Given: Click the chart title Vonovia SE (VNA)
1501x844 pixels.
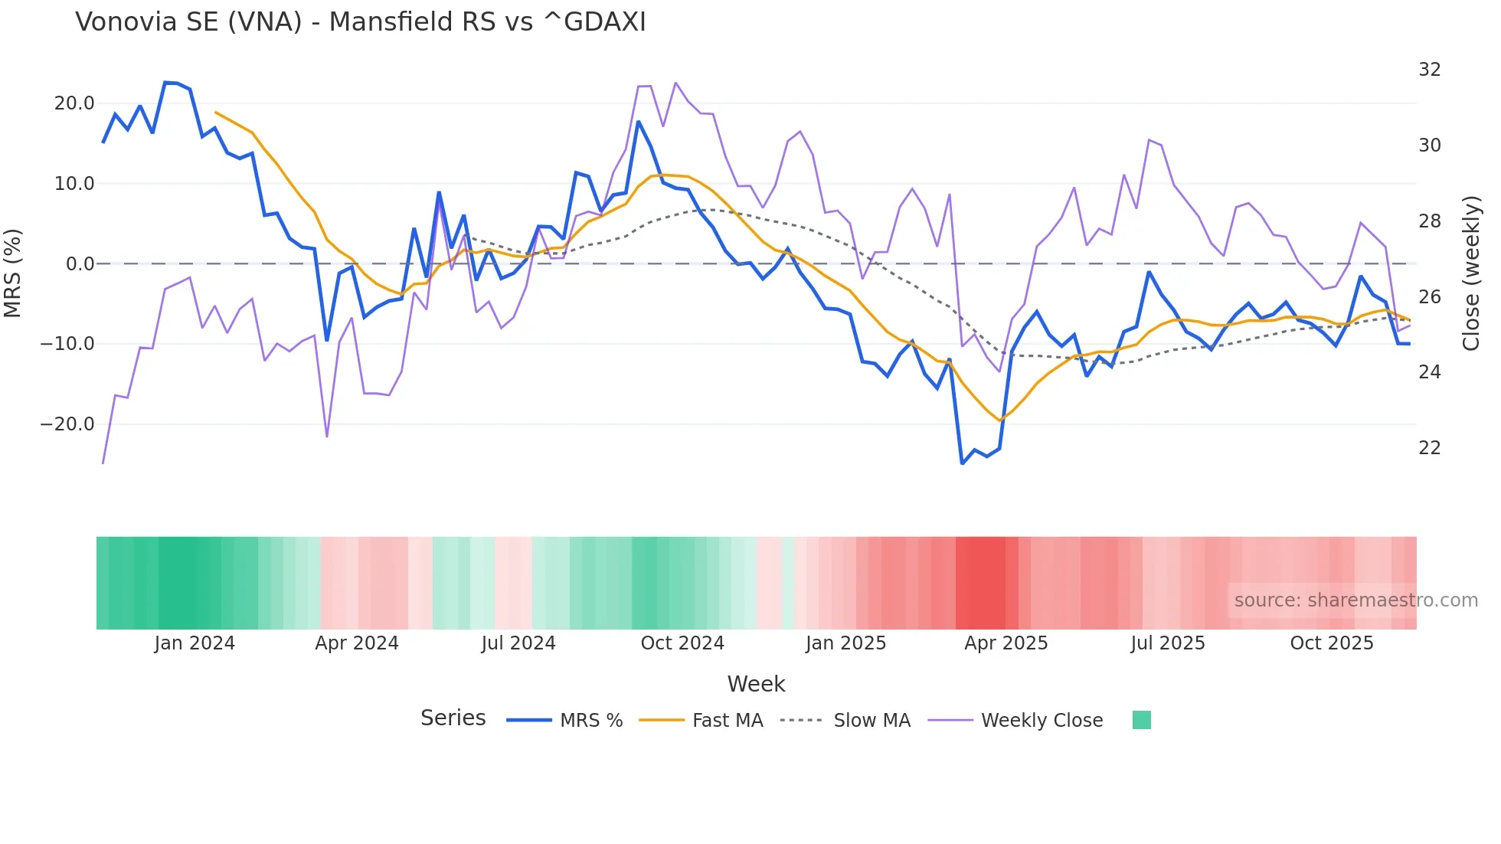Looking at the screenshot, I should coord(360,22).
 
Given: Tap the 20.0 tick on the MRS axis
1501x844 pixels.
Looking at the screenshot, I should coord(74,103).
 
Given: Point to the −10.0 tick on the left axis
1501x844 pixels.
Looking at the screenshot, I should coord(68,344).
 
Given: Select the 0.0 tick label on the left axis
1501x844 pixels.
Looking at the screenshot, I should coord(80,264).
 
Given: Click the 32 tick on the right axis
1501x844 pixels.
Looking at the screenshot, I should coord(1429,70).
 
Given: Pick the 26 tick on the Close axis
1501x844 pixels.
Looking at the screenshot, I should coord(1429,296).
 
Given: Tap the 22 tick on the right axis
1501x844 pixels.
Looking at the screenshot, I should coord(1429,448).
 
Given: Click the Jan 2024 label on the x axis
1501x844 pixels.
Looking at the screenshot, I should coord(195,643).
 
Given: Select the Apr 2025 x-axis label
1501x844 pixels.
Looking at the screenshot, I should coord(1006,643).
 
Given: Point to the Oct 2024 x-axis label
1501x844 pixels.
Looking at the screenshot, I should coord(682,643).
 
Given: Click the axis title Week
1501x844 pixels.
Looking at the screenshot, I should coord(756,684).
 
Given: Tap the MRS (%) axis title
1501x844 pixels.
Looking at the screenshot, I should coord(13,273).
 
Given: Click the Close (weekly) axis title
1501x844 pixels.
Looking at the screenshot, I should coord(1471,273).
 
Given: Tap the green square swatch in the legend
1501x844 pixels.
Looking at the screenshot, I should coord(1141,720).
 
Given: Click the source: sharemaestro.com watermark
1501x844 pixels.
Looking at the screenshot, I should coord(1355,600).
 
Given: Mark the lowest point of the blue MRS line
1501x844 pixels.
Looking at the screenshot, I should coord(963,463).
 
